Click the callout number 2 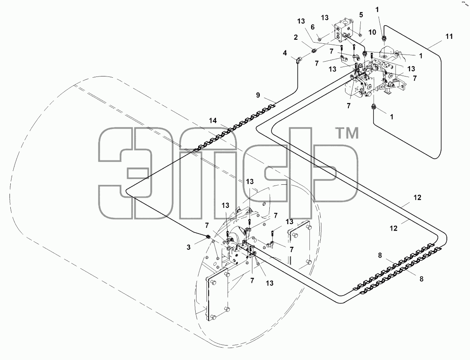pos(296,38)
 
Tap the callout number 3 pos(189,248)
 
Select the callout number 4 pos(285,53)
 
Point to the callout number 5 pos(361,15)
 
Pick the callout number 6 pos(313,27)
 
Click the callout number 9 pos(258,95)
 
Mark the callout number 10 pos(372,32)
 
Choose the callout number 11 pos(449,36)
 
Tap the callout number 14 pos(213,121)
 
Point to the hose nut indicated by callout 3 pos(207,238)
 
